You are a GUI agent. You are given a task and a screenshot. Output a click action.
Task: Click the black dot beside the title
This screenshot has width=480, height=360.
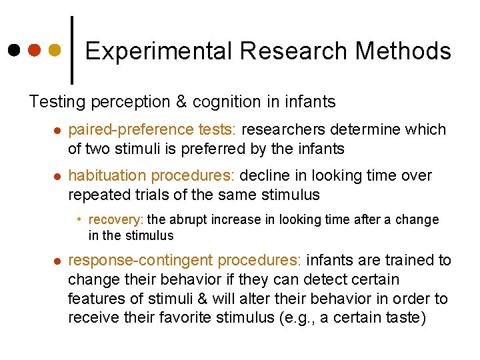(x=14, y=50)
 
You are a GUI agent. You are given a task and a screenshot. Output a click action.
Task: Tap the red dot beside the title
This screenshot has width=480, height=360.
(x=34, y=50)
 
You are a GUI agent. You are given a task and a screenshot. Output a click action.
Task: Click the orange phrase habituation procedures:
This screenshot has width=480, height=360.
(x=151, y=176)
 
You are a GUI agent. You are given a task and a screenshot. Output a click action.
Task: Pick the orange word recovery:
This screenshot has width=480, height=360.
(x=116, y=219)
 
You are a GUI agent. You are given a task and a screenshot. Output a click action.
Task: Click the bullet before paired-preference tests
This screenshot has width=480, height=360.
(x=57, y=130)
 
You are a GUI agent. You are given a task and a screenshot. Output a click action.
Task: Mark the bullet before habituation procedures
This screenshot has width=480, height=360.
(x=57, y=177)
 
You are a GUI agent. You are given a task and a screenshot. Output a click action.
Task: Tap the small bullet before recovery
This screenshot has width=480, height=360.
(x=79, y=219)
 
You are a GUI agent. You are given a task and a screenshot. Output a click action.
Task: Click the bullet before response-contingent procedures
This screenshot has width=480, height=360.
(x=57, y=261)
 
